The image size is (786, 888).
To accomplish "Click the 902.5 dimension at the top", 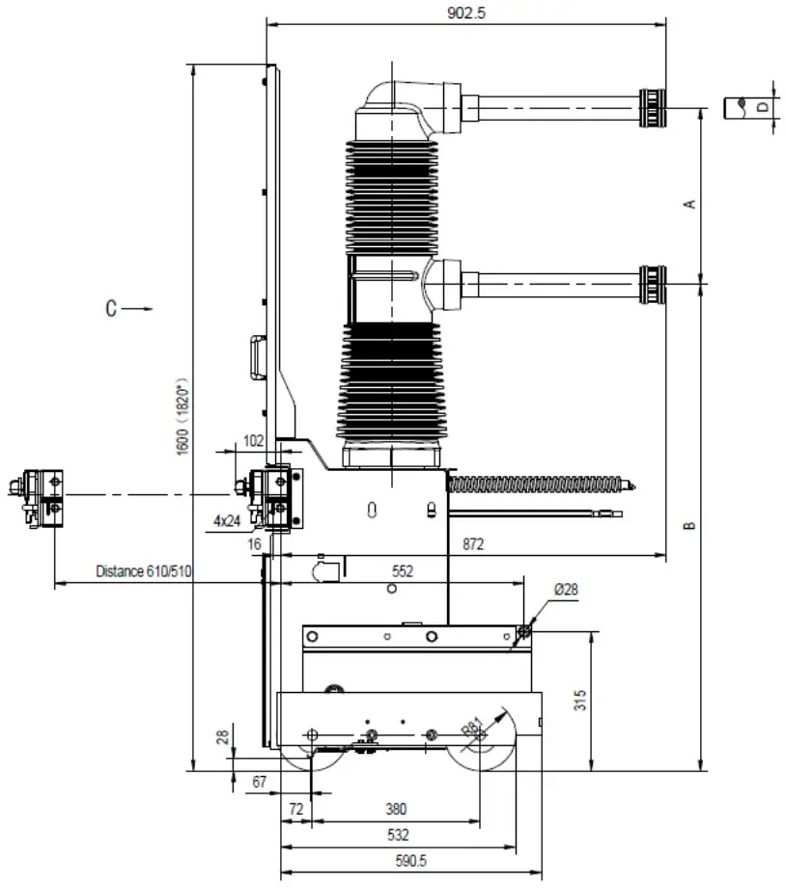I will pyautogui.click(x=465, y=13).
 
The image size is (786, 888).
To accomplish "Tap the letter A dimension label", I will pyautogui.click(x=689, y=204).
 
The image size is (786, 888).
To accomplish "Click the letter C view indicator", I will pyautogui.click(x=112, y=309).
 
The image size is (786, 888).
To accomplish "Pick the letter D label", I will pyautogui.click(x=762, y=106).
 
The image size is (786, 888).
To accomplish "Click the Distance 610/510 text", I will pyautogui.click(x=144, y=571).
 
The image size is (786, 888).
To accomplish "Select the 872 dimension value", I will pyautogui.click(x=473, y=545).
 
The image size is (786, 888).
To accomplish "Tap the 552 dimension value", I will pyautogui.click(x=402, y=571).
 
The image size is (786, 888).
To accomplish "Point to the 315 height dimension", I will pyautogui.click(x=580, y=701).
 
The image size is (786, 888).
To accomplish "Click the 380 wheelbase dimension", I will pyautogui.click(x=396, y=809).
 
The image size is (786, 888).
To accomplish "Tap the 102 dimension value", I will pyautogui.click(x=253, y=440).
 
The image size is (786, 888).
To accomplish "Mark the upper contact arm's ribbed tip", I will pyautogui.click(x=653, y=105).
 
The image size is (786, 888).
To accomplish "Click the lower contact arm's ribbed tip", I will pyautogui.click(x=653, y=284).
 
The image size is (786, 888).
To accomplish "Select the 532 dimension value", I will pyautogui.click(x=397, y=835).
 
